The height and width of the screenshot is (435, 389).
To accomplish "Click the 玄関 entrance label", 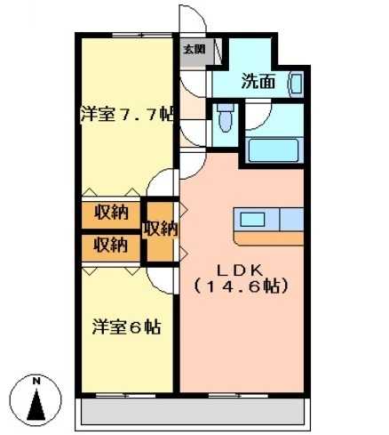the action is [194, 49].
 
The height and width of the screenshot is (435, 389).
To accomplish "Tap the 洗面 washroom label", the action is [258, 81].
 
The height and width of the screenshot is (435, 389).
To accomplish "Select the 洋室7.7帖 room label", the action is [127, 114].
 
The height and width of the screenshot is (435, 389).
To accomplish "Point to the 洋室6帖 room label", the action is [127, 326].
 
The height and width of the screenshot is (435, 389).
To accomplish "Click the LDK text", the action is [240, 270].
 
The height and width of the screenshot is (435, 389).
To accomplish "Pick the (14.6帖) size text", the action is [240, 286].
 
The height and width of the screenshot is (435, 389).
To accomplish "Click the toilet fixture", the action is [226, 117].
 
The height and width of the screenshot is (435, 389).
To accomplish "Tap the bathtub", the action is [274, 150].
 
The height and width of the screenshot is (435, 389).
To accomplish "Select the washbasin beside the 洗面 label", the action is [296, 84].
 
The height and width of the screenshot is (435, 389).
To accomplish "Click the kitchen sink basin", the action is [252, 220].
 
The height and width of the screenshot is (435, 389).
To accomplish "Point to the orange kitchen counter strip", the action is [269, 238].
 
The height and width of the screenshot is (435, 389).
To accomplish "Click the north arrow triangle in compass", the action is [36, 405].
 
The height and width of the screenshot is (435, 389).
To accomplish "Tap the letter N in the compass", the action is [36, 382].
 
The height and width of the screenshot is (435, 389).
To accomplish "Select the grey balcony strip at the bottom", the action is [193, 412].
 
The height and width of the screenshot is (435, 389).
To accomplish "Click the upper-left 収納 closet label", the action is [111, 212].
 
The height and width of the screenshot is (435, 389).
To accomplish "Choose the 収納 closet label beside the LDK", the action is [161, 229].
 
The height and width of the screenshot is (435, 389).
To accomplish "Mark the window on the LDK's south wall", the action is [238, 396].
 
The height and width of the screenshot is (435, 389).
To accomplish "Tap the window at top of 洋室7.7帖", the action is [142, 35].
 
